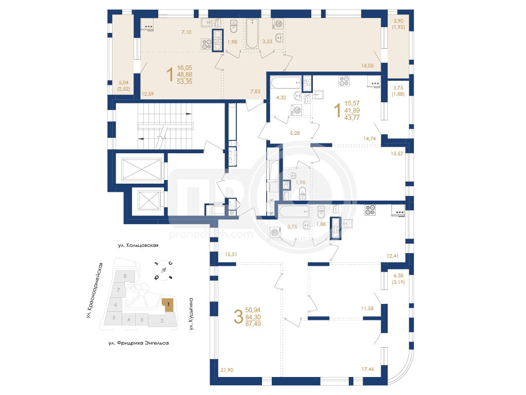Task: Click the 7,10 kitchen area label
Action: pos(186,32)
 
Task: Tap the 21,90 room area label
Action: pos(227,370)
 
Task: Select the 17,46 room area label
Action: pos(368,369)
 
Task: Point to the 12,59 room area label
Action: pos(147,94)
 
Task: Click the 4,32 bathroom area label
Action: pos(281,98)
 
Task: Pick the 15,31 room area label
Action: pos(231,255)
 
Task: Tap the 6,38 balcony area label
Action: pos(399,276)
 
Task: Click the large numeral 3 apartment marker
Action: pos(238,317)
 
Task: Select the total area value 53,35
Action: pos(184,82)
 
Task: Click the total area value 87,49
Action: pos(253,324)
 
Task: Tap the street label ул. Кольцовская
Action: pos(138,245)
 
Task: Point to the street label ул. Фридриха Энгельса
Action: pos(139,343)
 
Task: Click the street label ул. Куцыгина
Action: pos(191,314)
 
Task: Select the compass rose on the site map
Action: pos(163,270)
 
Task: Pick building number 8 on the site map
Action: pos(125,276)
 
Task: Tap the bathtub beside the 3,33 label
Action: pos(252,33)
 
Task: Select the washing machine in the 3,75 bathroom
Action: pos(275,232)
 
